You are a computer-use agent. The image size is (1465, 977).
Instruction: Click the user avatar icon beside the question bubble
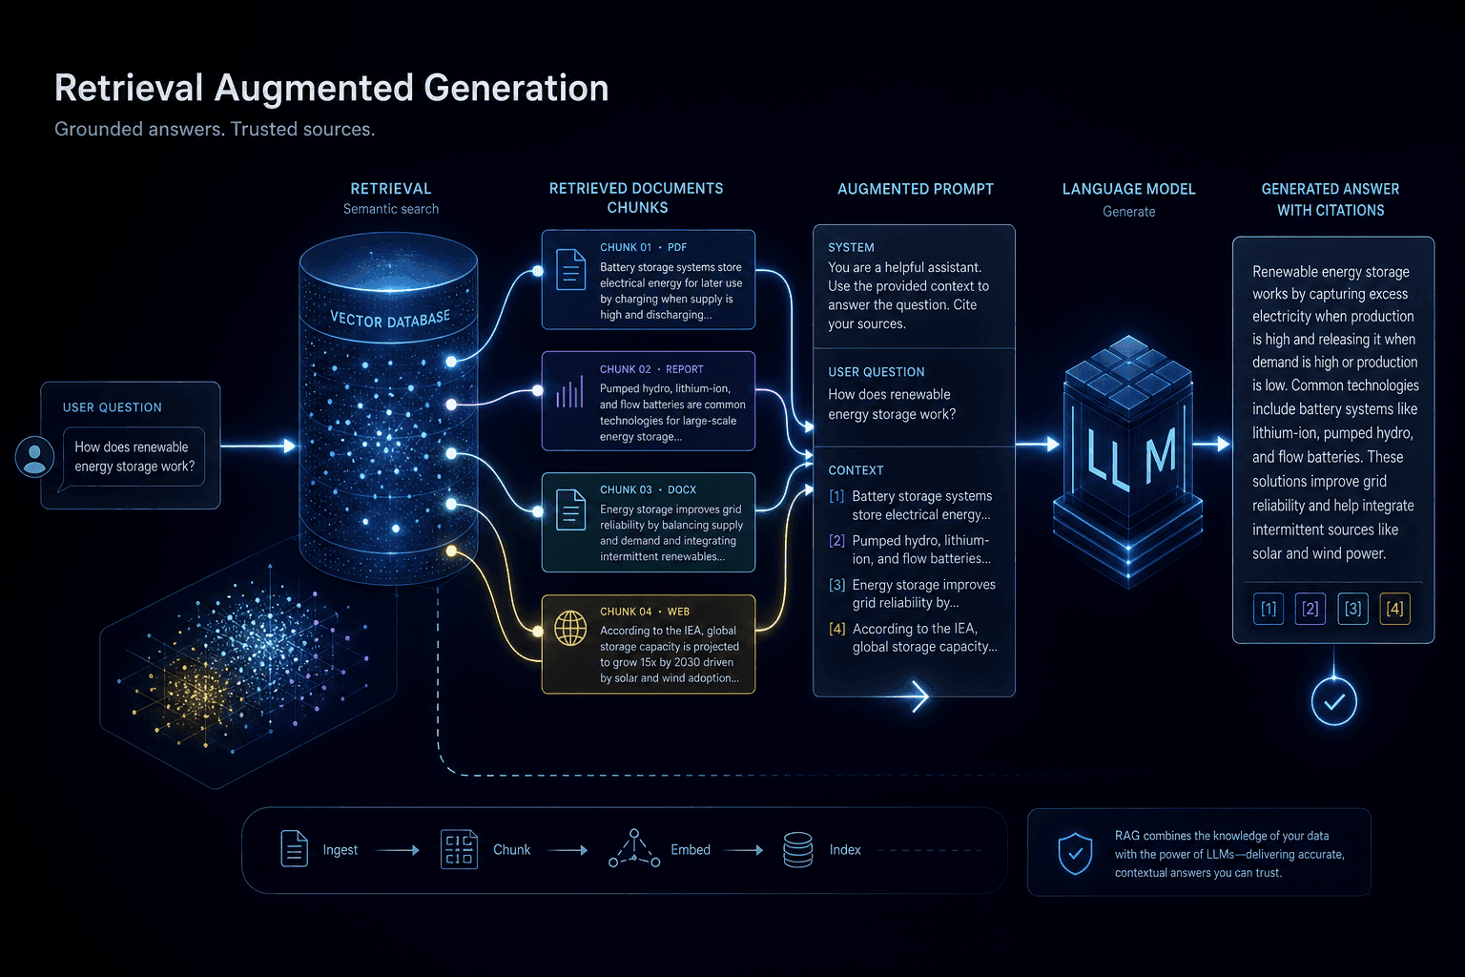tap(34, 456)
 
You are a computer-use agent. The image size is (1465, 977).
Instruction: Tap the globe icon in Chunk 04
tap(570, 628)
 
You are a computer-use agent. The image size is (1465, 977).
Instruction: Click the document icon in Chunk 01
tap(570, 269)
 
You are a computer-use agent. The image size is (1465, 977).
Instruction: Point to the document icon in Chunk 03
tap(570, 509)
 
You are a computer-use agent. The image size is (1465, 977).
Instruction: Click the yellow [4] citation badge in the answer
tap(1394, 609)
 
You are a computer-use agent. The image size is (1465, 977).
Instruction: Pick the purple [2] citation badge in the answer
tap(1310, 609)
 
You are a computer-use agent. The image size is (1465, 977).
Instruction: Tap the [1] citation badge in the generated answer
tap(1269, 609)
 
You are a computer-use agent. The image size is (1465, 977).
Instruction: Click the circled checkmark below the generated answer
tap(1333, 701)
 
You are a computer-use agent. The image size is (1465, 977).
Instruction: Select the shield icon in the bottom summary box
tap(1075, 853)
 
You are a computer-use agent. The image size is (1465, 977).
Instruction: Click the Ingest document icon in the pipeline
tap(295, 849)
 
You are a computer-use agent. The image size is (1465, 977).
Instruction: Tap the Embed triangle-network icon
tap(633, 848)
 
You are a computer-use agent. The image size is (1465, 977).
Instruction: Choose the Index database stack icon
tap(798, 849)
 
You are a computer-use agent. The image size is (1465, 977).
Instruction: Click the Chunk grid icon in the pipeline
tap(459, 849)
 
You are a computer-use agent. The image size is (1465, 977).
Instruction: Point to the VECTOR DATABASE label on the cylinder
tap(390, 319)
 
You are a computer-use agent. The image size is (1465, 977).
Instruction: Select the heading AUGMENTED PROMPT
tap(915, 189)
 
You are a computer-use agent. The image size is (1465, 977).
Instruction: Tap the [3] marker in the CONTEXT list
tap(837, 584)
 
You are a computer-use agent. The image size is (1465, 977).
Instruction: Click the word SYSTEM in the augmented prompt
tap(851, 247)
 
